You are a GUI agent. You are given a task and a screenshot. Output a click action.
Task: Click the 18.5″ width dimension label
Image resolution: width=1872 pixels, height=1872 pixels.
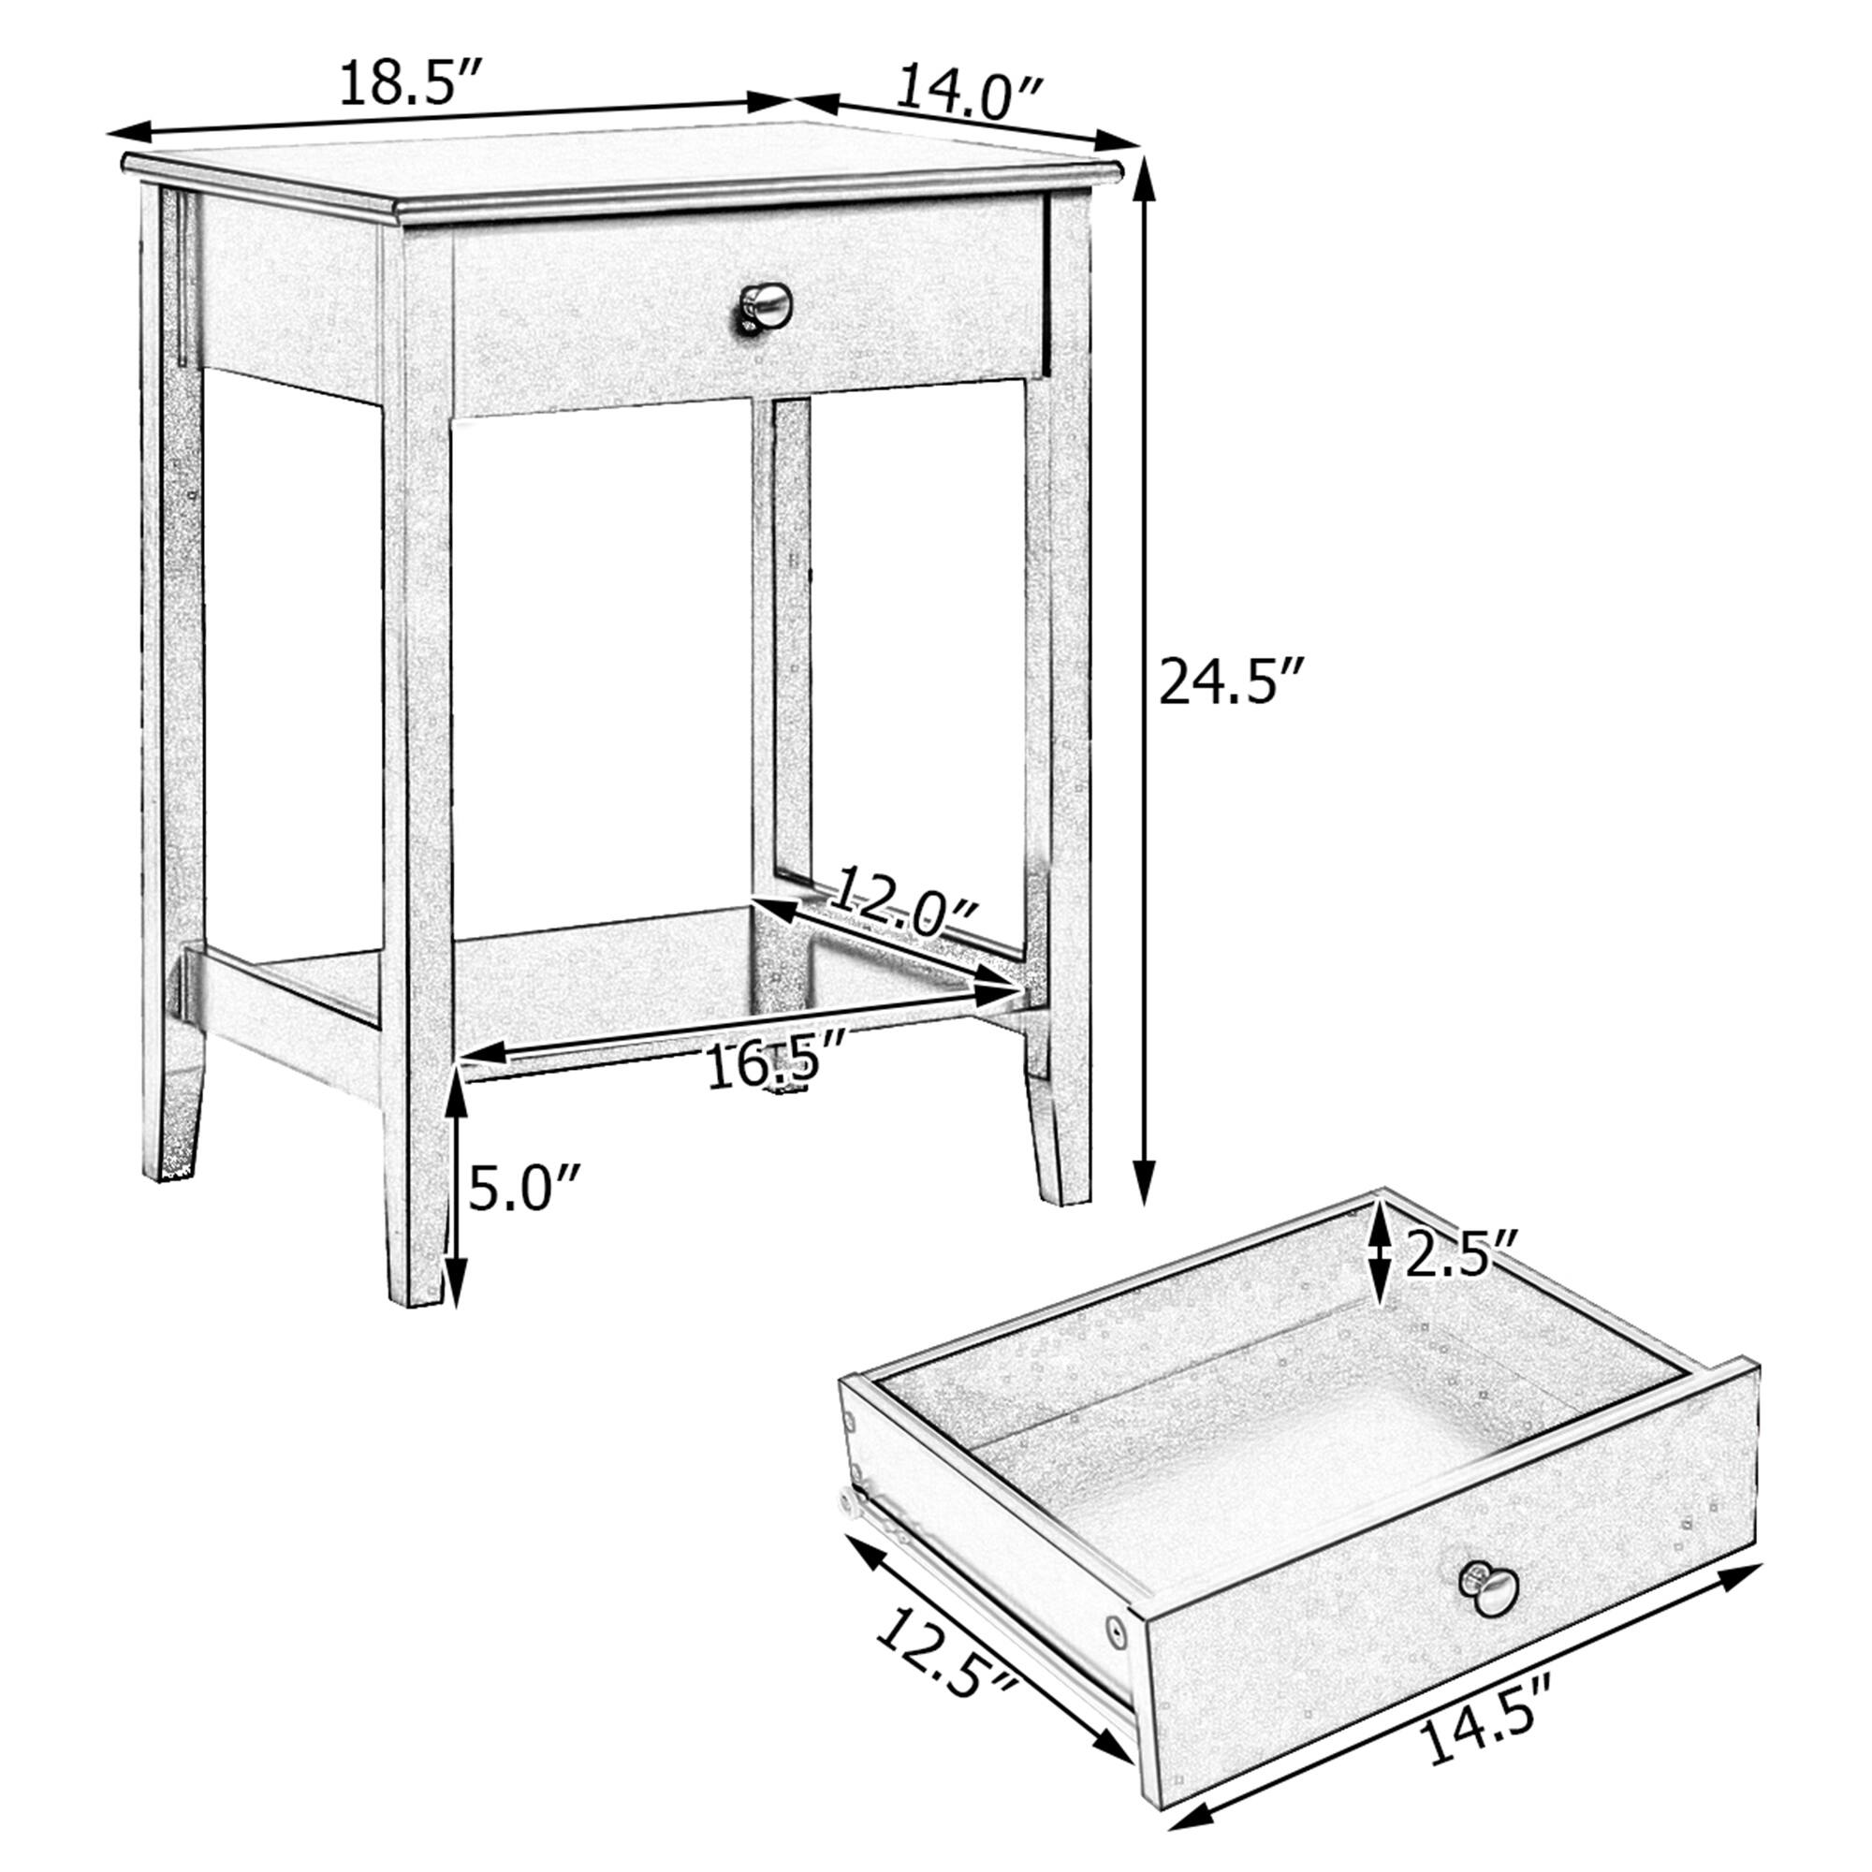[x=411, y=84]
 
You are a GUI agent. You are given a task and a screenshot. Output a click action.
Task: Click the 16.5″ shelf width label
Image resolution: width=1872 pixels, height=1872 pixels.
[x=776, y=1065]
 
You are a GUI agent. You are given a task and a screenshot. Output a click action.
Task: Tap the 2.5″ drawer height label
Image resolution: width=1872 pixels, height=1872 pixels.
[x=1459, y=1256]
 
